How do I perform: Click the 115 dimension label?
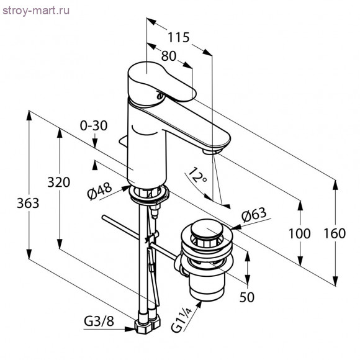[x=179, y=37]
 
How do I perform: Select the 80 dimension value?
[x=169, y=56]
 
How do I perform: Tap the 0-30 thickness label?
[x=94, y=126]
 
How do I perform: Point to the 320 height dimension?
[x=59, y=182]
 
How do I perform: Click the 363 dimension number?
[x=28, y=203]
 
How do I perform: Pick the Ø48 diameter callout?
[x=100, y=191]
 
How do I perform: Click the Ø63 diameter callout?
[x=254, y=215]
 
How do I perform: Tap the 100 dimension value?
[x=300, y=233]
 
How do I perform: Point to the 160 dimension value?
[x=335, y=233]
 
